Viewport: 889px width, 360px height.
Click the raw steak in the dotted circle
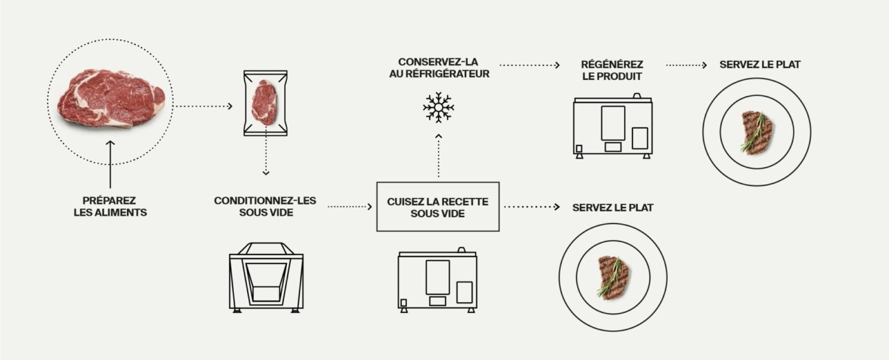click(x=110, y=98)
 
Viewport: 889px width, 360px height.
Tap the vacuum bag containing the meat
click(x=265, y=102)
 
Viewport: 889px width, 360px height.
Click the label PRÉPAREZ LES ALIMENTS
click(x=110, y=206)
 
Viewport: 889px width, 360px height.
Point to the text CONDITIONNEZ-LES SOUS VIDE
click(x=265, y=206)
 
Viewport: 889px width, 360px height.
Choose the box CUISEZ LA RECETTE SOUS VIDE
click(x=438, y=207)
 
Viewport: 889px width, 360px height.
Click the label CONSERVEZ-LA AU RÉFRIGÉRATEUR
click(x=438, y=67)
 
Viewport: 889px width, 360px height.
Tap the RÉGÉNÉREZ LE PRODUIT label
click(x=612, y=70)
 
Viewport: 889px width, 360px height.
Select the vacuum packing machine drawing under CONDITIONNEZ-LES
click(x=265, y=277)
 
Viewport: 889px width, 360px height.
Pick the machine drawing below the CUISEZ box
click(x=438, y=279)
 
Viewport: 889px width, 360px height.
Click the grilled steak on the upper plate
click(x=757, y=132)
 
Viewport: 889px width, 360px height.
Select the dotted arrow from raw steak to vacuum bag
click(x=204, y=106)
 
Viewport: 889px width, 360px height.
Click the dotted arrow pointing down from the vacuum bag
click(x=266, y=159)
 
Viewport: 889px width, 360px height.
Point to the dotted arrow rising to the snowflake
click(x=438, y=156)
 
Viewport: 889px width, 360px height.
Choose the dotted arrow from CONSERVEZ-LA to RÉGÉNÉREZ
click(x=530, y=65)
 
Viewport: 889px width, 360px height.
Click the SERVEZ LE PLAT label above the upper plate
click(x=756, y=65)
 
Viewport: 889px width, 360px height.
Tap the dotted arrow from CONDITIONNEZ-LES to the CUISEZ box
click(x=349, y=206)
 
